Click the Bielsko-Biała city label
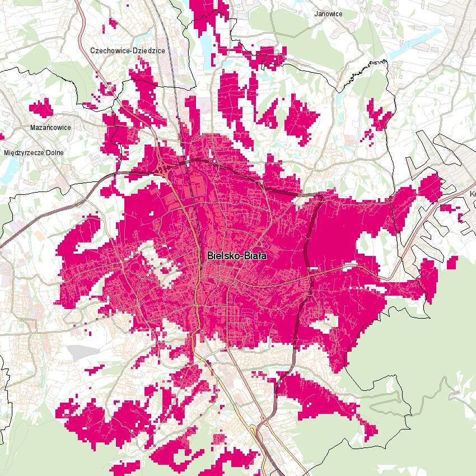click(237, 255)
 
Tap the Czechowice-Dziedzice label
click(128, 50)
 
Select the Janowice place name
click(328, 13)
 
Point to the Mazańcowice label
click(50, 127)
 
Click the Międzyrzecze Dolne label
click(34, 152)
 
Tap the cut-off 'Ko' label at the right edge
click(472, 194)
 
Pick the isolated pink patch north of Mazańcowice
click(41, 106)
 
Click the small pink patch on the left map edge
click(2, 136)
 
